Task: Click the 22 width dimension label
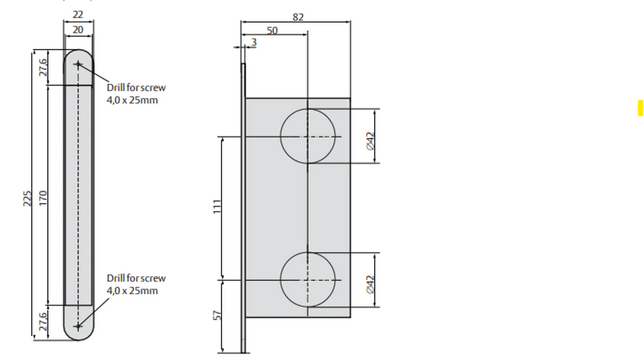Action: click(78, 14)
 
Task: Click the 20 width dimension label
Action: click(78, 30)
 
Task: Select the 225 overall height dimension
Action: click(26, 198)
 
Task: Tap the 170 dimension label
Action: click(43, 198)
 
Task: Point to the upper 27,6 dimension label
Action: click(43, 68)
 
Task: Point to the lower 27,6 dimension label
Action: click(43, 322)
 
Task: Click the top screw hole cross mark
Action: click(78, 64)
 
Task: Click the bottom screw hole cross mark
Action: click(78, 327)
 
